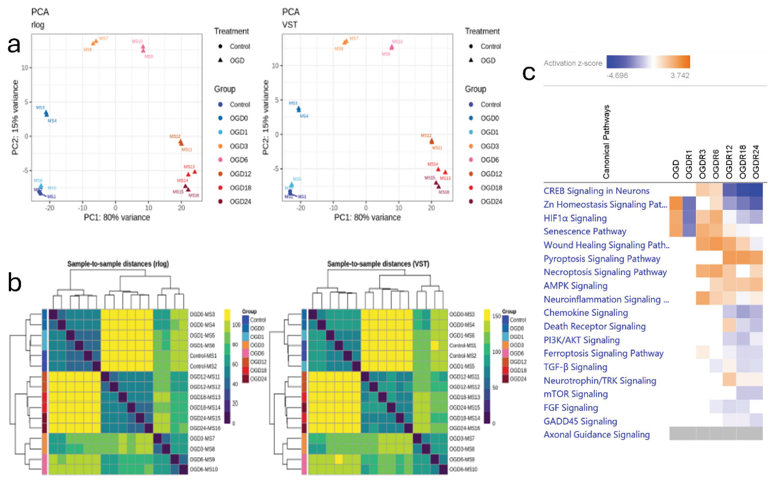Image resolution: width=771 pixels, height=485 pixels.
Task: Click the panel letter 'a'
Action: [14, 45]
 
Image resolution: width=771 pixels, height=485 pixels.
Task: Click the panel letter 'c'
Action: [528, 73]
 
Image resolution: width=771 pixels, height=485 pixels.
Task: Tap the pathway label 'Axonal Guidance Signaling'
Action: [596, 435]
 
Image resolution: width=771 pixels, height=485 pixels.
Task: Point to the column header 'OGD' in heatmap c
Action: [676, 169]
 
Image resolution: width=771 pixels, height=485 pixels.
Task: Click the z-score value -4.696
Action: [617, 76]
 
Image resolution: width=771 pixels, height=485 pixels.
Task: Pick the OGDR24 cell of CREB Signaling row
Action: [756, 190]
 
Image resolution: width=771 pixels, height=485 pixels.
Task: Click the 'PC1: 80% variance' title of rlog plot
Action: [117, 217]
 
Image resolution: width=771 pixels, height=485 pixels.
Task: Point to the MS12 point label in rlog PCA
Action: [175, 136]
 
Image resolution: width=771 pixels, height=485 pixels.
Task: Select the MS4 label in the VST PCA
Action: [304, 116]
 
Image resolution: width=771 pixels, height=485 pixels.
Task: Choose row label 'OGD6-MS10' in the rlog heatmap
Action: [204, 469]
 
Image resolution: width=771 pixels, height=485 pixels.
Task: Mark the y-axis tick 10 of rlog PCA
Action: [25, 68]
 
